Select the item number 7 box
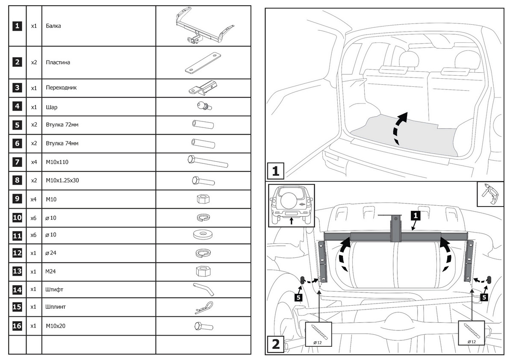[17, 162]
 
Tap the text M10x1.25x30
[62, 180]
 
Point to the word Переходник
[61, 88]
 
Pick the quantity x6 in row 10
[34, 218]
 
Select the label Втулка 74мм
[62, 144]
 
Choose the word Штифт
[54, 289]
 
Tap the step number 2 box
[276, 344]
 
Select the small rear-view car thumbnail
[291, 205]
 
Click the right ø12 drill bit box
[472, 333]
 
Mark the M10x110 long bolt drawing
[207, 162]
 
